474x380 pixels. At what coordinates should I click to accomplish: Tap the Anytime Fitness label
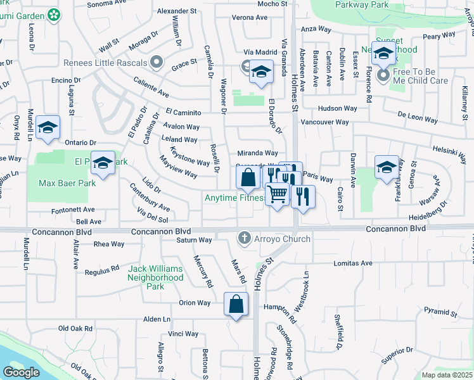click(x=234, y=198)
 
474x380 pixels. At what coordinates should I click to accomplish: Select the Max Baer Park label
click(x=67, y=184)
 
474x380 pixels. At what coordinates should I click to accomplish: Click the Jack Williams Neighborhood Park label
click(x=155, y=277)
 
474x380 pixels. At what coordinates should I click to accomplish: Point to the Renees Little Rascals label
click(x=105, y=63)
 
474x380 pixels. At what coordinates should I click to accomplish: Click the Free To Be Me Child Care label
click(x=421, y=76)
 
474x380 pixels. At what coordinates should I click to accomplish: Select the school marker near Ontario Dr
click(x=48, y=128)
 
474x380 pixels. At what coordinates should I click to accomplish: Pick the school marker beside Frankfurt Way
click(x=387, y=168)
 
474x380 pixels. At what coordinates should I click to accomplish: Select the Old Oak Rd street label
click(x=75, y=329)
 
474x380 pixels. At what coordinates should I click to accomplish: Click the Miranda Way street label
click(x=257, y=153)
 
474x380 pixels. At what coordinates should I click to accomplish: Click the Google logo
click(x=22, y=372)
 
